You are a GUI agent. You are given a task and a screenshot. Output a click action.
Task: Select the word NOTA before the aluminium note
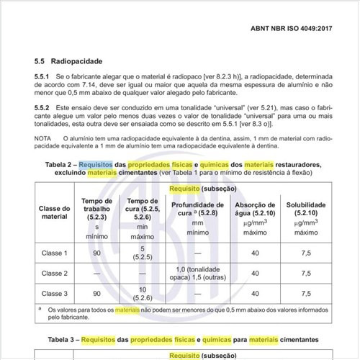coord(43,137)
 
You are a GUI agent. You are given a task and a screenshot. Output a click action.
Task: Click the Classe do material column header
coord(54,212)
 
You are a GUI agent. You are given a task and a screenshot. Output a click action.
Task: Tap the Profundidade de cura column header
coord(194,209)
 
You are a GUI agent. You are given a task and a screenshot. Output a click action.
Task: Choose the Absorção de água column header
coord(254,209)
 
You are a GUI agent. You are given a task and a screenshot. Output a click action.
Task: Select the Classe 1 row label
coord(54,253)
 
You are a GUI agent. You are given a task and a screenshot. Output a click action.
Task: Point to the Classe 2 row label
coord(54,274)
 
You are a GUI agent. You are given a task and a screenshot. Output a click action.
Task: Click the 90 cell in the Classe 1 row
coord(96,253)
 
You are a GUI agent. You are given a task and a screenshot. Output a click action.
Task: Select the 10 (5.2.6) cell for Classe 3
coord(142,292)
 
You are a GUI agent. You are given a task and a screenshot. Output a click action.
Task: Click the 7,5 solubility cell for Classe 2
coord(306,274)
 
